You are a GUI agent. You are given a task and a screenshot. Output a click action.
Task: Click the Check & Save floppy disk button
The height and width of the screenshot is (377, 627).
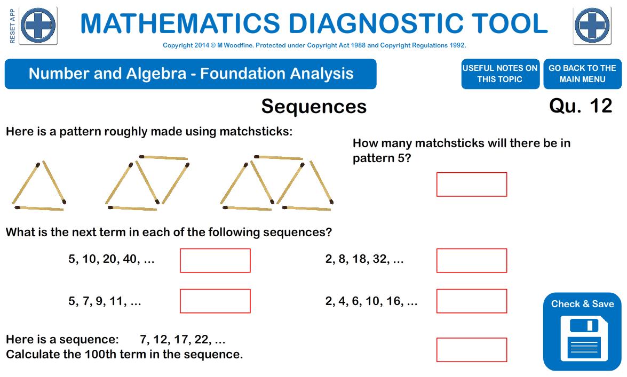582,332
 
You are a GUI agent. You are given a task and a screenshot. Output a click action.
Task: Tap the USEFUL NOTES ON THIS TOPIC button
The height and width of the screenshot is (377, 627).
500,74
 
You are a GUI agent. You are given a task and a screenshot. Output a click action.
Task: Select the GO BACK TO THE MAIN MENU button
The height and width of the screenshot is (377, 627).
582,74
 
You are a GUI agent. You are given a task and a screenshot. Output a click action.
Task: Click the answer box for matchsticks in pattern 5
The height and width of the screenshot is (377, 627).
471,185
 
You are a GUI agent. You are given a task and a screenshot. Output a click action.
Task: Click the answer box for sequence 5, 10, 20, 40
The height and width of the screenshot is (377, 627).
215,260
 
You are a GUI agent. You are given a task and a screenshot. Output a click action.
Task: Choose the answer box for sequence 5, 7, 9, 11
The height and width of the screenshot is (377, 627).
215,301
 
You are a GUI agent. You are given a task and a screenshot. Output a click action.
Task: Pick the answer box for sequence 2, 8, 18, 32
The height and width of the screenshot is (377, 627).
471,260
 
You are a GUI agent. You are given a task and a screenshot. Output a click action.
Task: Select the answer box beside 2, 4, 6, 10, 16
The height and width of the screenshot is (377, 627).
471,301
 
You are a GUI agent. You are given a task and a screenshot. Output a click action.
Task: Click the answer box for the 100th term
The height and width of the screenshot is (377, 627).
471,350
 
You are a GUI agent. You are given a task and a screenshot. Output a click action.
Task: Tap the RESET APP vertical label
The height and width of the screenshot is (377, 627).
12,26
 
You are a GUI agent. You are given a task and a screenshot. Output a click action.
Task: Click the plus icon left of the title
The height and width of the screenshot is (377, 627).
38,26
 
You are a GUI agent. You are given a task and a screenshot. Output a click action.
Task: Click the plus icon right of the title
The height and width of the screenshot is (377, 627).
592,26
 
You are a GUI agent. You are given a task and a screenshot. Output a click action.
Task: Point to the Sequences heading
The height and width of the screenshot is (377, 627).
314,107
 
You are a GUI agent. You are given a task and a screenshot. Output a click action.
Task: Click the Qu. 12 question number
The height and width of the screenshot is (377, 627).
581,106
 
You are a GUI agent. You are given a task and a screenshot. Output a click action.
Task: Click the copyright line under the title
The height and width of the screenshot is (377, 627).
314,45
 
